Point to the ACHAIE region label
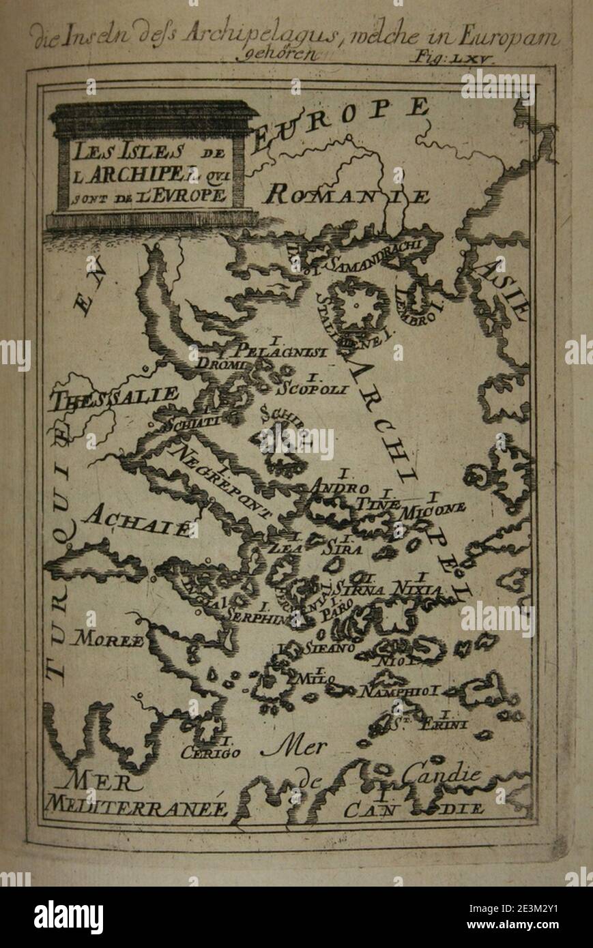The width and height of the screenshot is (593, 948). click(x=134, y=521)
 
